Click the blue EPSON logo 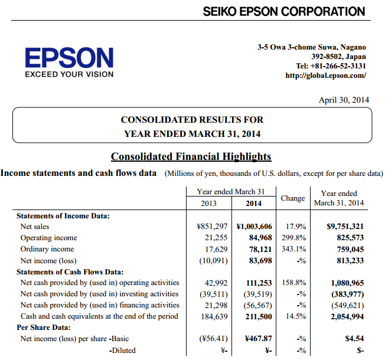point(69,58)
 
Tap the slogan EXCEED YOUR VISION point(69,74)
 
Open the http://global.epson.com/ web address point(325,76)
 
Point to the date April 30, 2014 point(344,100)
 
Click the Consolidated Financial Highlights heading point(191,156)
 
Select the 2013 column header point(208,204)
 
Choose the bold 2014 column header point(254,204)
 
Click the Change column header point(293,198)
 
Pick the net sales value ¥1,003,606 point(254,226)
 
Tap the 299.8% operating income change point(294,238)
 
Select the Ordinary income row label point(47,249)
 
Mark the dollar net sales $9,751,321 point(345,226)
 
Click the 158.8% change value point(294,283)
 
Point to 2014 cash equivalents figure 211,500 point(259,316)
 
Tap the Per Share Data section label point(44,328)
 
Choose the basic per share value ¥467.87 point(258,339)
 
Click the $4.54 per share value point(354,339)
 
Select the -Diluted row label point(122,351)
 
